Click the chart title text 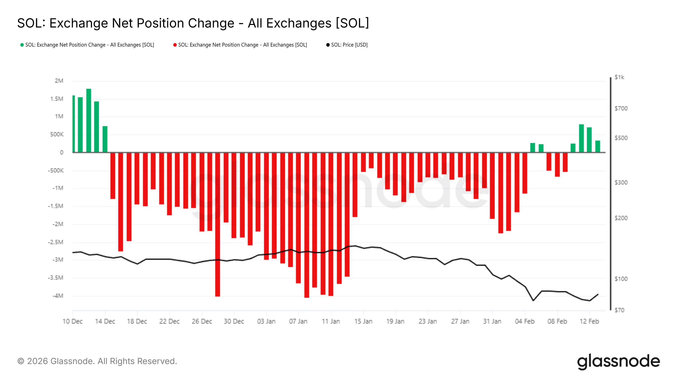tap(193, 23)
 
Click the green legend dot tap(22, 45)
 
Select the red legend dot tap(175, 45)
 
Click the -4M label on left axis tap(58, 296)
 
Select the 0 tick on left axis tap(62, 152)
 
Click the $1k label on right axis tap(619, 77)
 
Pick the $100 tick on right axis tap(621, 279)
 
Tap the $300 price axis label tap(621, 182)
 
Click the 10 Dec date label tap(72, 321)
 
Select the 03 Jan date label tap(266, 321)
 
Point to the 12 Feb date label tap(589, 321)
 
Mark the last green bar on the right tap(598, 146)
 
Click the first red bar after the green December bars tap(113, 176)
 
